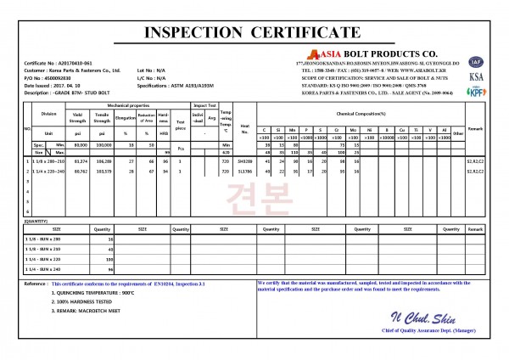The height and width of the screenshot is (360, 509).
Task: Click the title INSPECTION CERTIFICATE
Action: pyautogui.click(x=254, y=32)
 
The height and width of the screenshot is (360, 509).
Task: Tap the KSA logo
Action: pyautogui.click(x=476, y=76)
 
